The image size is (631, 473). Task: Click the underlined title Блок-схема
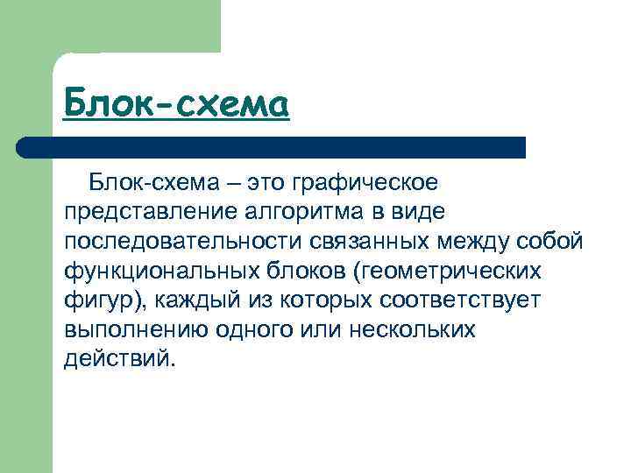click(x=176, y=105)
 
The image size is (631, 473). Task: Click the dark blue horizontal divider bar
click(x=272, y=147)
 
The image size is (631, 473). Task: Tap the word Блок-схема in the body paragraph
click(x=148, y=184)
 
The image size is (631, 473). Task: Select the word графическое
click(x=363, y=184)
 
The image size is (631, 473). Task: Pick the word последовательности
click(x=175, y=242)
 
